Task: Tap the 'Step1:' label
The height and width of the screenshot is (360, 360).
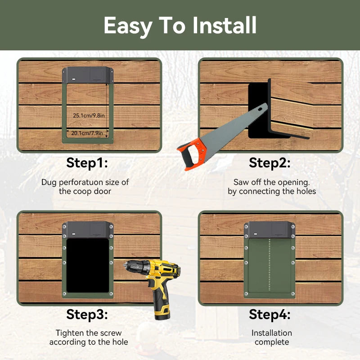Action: pos(87,163)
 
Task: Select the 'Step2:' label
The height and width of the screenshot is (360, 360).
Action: pos(270,163)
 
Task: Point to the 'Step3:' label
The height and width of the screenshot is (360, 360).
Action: pos(87,314)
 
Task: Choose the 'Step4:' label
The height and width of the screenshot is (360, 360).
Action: pos(270,314)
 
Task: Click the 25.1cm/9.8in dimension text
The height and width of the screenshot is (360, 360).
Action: pos(89,116)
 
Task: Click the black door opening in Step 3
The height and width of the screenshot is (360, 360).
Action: pos(88,265)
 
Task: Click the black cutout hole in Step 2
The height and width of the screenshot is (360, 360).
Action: pos(256,110)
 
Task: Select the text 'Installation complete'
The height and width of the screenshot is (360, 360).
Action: pos(271,337)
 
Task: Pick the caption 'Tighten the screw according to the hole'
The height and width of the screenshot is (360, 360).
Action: pos(89,337)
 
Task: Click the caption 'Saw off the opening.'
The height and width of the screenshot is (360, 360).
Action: pos(271,182)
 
